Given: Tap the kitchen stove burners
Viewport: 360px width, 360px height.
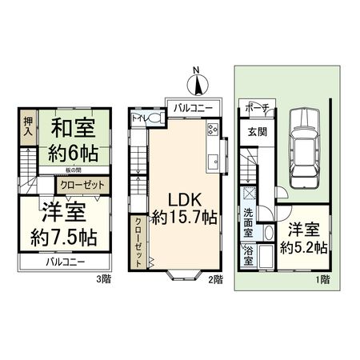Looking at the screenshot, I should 213,130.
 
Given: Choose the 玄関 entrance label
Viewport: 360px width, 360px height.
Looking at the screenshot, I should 256,133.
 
